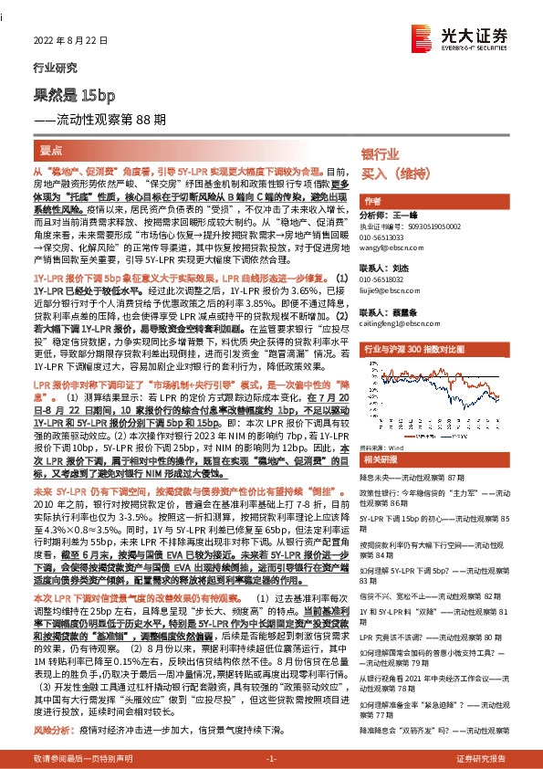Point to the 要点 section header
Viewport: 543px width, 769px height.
(52, 147)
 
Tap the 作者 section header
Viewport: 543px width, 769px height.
(372, 201)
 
